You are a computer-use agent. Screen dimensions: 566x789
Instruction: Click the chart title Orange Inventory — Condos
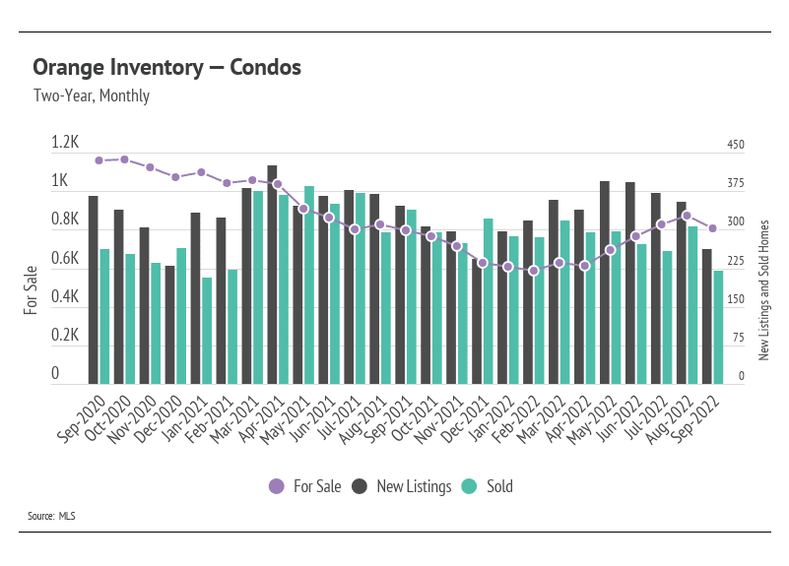pos(166,68)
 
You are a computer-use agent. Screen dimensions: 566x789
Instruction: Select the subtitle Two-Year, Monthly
pos(91,96)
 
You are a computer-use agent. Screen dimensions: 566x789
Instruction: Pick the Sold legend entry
pos(488,486)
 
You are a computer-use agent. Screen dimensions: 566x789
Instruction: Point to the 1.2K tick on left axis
pos(65,144)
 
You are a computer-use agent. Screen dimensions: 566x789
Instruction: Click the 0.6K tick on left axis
pos(65,259)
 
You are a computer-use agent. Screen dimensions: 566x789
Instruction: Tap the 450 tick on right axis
pos(736,145)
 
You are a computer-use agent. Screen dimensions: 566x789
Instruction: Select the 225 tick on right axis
pos(736,261)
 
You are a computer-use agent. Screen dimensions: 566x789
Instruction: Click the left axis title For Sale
pos(31,289)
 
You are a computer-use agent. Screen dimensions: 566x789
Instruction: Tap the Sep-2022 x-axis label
pos(693,412)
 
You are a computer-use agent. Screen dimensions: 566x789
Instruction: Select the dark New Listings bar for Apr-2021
pos(272,275)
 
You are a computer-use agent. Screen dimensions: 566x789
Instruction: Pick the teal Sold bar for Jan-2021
pos(207,331)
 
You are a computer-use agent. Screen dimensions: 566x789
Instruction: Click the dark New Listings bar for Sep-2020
pos(93,289)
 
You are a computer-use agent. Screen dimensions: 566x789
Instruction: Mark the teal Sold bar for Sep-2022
pos(718,328)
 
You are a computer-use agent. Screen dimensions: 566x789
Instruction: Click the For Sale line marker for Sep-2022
pos(712,228)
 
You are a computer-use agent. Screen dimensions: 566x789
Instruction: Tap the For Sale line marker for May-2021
pos(303,209)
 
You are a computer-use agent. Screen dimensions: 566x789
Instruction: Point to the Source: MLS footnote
pos(52,515)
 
